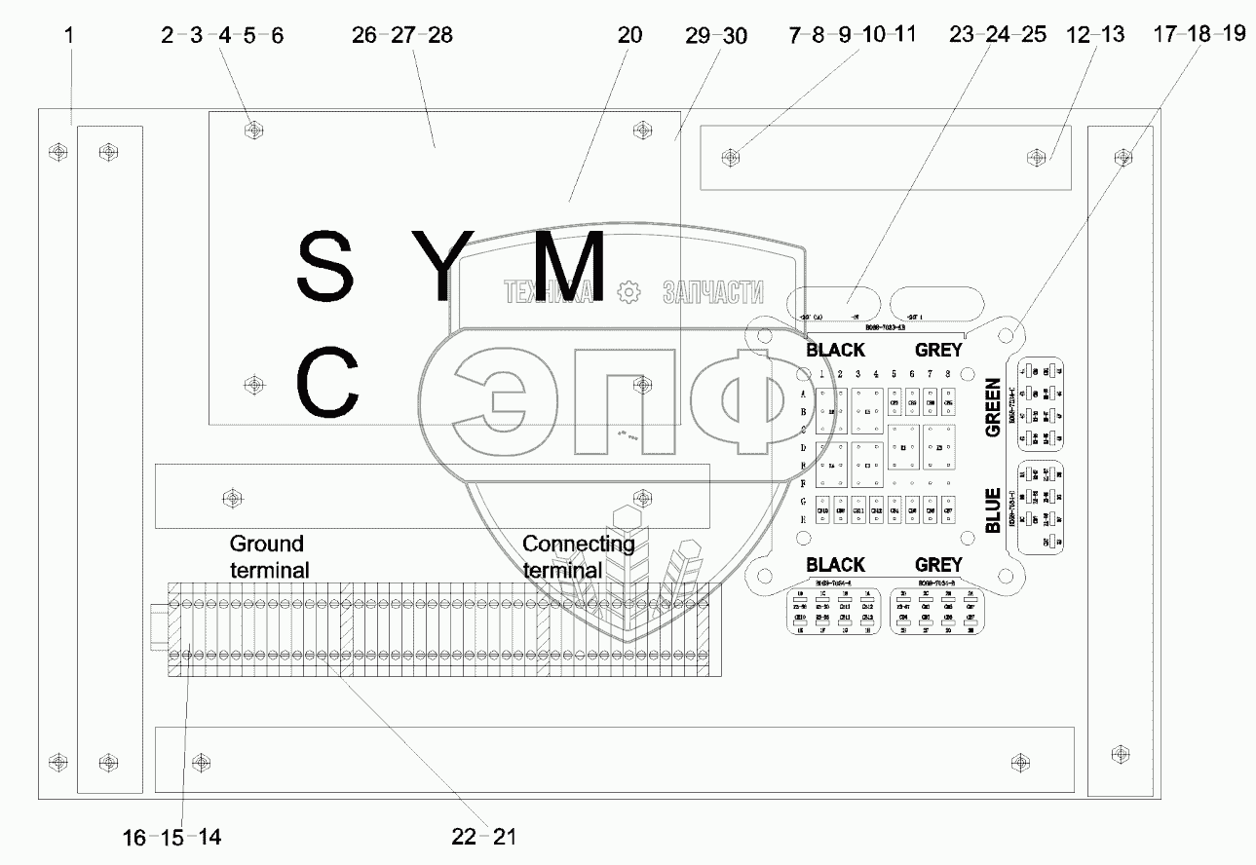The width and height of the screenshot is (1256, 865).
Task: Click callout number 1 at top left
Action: tap(69, 36)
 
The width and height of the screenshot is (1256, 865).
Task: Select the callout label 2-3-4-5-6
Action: tap(222, 36)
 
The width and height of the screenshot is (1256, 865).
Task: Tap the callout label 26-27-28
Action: tap(402, 36)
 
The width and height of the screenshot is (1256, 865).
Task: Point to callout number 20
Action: tap(629, 36)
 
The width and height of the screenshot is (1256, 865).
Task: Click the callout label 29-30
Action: tap(716, 36)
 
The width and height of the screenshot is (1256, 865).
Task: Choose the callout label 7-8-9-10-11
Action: tap(852, 36)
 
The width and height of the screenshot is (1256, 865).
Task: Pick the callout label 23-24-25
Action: tap(998, 36)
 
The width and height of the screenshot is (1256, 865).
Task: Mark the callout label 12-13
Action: tap(1096, 36)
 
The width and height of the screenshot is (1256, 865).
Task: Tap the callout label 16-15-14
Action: tap(172, 836)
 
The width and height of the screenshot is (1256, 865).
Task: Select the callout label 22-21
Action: tap(484, 836)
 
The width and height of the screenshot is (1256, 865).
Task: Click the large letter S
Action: tap(324, 266)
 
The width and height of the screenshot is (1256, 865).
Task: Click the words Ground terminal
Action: tap(268, 556)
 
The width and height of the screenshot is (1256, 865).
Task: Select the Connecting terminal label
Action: tap(578, 556)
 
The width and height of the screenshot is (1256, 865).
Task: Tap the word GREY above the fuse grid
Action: tap(938, 350)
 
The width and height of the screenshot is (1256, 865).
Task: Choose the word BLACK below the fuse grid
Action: tap(836, 565)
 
